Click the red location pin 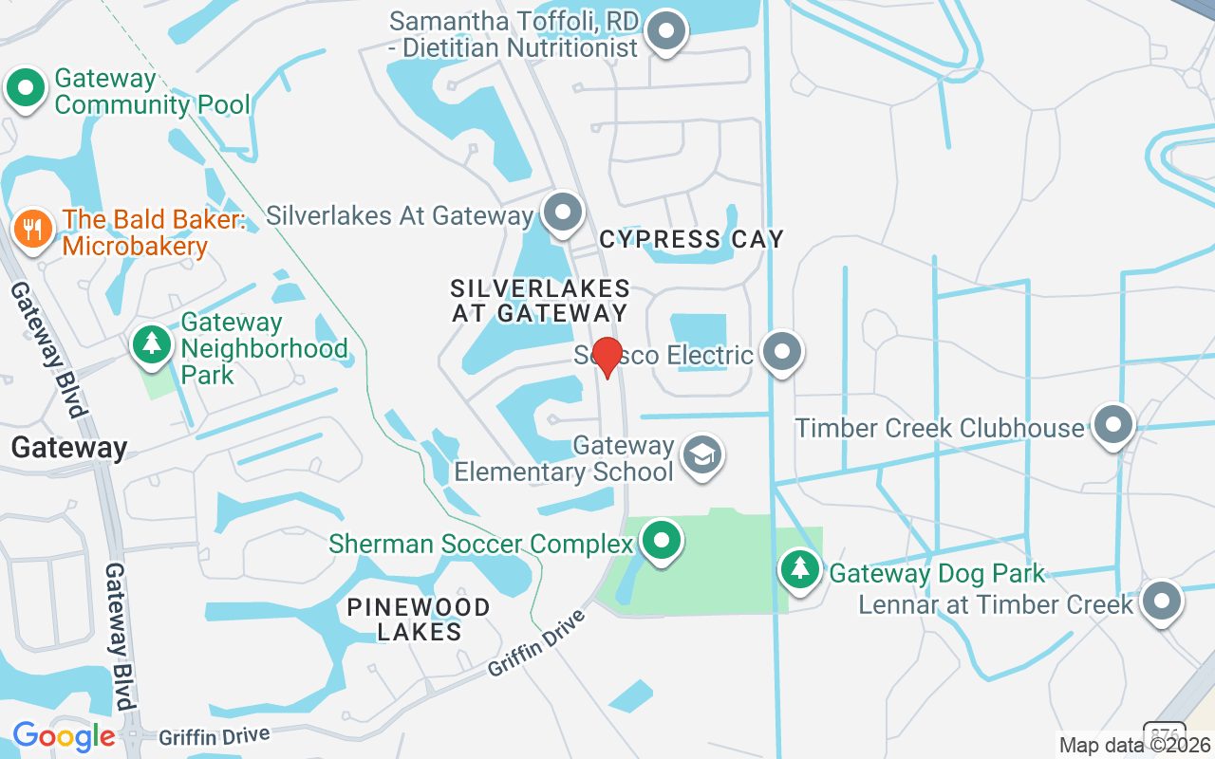tap(607, 357)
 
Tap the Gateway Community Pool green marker tap(26, 88)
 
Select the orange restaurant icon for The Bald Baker tap(33, 229)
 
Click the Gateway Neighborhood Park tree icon tap(151, 343)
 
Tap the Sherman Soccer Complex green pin tap(661, 542)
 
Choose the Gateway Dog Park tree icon tap(801, 569)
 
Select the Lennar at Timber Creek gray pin tap(1160, 602)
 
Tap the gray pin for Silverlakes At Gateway tap(563, 213)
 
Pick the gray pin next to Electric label tap(782, 352)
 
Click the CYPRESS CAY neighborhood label tap(692, 239)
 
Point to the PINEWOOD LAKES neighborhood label tap(419, 619)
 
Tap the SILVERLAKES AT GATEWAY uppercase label tap(540, 300)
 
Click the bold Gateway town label tap(69, 448)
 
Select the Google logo tap(64, 736)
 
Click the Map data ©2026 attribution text tap(1135, 745)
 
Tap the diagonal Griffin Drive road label tap(537, 642)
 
